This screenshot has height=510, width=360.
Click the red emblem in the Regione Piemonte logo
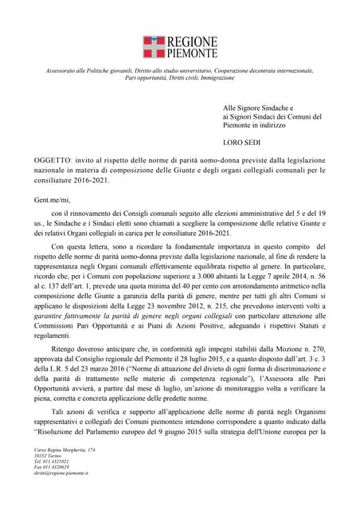click(x=152, y=47)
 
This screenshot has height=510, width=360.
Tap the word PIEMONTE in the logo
click(x=189, y=54)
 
